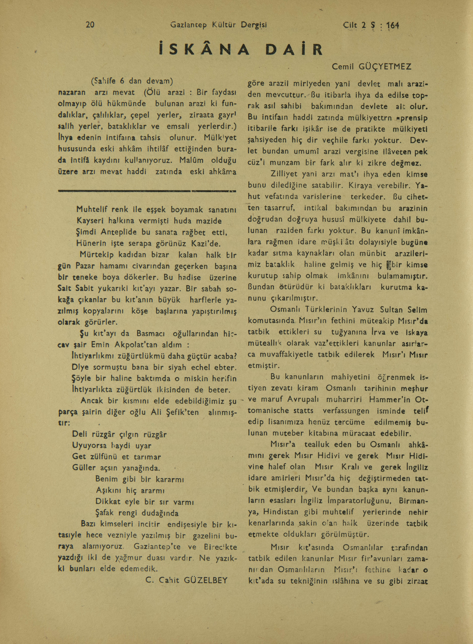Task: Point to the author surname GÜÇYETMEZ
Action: (x=385, y=67)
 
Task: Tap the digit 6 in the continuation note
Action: (x=122, y=81)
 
